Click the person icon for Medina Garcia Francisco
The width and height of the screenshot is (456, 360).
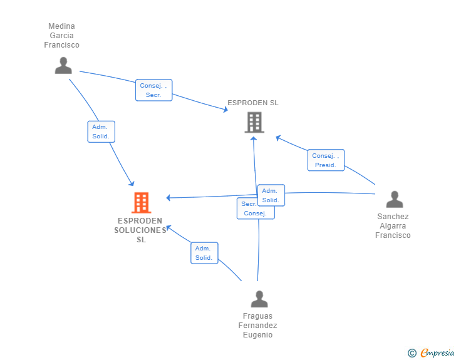(63, 65)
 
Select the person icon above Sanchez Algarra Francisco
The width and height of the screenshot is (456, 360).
(394, 199)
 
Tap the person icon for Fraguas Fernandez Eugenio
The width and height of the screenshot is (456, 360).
(259, 299)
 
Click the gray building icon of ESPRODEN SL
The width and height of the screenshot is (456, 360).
(254, 122)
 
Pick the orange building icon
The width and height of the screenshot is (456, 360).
(141, 202)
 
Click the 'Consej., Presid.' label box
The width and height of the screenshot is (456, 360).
(326, 160)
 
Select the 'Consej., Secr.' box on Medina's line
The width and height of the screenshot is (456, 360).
(153, 90)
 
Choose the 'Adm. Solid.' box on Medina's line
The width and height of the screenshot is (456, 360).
(101, 131)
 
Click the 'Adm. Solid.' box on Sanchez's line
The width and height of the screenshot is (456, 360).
(271, 195)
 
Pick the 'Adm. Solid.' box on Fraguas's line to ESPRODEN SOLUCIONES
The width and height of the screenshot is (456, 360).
(204, 253)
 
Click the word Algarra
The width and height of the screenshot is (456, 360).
(393, 226)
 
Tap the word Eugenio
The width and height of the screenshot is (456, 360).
(257, 335)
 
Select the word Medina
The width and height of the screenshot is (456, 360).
(61, 26)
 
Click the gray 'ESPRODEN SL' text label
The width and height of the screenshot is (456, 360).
(253, 103)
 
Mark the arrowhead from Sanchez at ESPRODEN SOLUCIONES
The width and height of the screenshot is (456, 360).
(168, 198)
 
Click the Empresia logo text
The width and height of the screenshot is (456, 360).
(437, 353)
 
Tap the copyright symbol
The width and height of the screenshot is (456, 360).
(412, 353)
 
